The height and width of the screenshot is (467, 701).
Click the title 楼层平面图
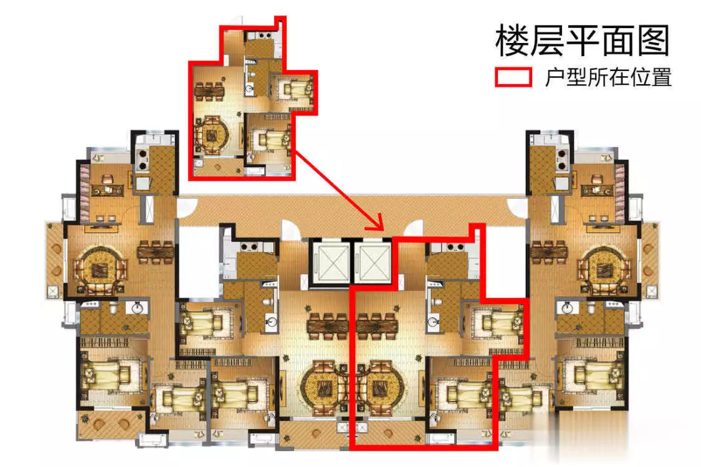pyautogui.click(x=582, y=41)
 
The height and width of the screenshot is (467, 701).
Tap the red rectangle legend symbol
pyautogui.click(x=513, y=77)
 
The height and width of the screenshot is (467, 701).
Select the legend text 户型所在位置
pyautogui.click(x=608, y=77)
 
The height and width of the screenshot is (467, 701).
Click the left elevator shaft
pyautogui.click(x=331, y=263)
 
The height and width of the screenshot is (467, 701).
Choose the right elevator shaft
pyautogui.click(x=373, y=263)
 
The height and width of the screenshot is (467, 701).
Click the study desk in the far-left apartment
pyautogui.click(x=107, y=190)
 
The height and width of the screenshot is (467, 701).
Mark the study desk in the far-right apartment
pyautogui.click(x=598, y=190)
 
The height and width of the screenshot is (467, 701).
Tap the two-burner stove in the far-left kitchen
pyautogui.click(x=143, y=160)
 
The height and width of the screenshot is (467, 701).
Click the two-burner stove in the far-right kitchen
pyautogui.click(x=562, y=160)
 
